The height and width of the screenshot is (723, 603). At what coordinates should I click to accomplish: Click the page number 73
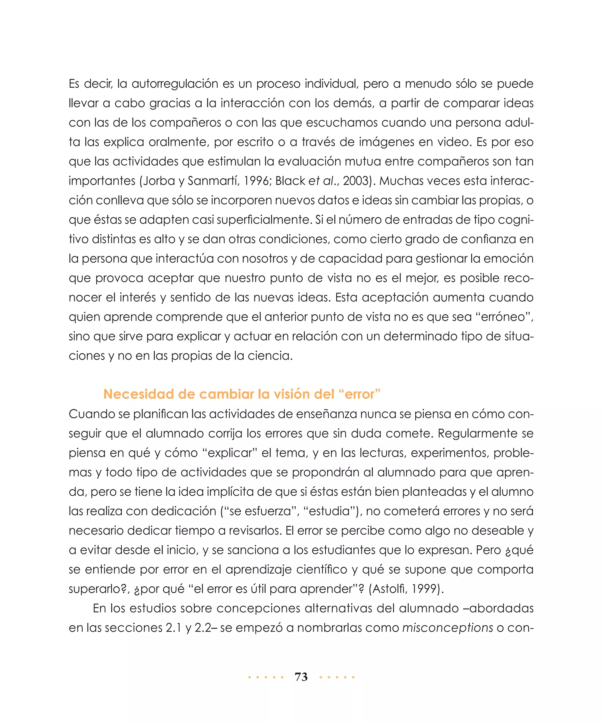point(301,677)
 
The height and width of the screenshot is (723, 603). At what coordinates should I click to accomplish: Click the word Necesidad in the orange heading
point(138,394)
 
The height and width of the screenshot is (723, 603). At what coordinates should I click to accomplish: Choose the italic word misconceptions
point(448,628)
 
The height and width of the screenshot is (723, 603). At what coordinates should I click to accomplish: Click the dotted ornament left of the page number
point(266,677)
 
